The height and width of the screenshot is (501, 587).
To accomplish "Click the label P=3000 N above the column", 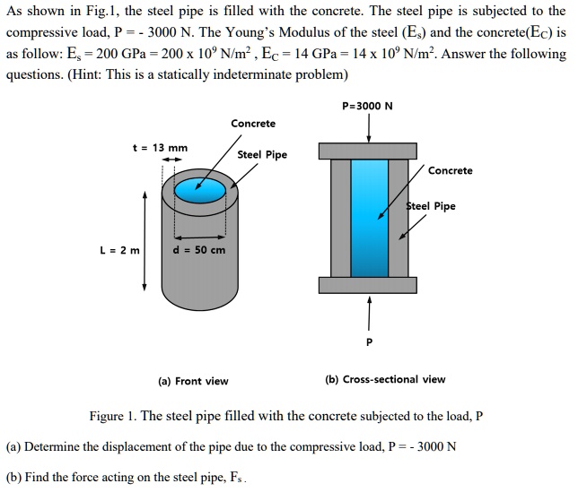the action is point(368,106).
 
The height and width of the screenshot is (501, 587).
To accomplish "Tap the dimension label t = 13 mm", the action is point(160,147).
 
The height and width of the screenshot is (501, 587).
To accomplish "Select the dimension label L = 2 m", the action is point(119,250).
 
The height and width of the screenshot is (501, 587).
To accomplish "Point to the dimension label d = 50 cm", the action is point(198,250).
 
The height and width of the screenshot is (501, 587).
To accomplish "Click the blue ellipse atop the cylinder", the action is point(200,190).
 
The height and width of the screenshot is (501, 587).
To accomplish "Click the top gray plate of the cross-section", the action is point(368,150).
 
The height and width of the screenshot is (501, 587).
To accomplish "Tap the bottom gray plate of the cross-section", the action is point(368,285).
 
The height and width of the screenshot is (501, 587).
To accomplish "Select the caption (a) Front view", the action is point(193,381).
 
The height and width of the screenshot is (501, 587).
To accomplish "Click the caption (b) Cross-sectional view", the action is point(385,379).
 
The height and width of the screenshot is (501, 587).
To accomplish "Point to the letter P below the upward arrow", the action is point(367,342).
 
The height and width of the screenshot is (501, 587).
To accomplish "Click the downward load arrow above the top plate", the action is point(368,127).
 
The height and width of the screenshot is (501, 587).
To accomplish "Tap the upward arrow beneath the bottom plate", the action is point(367,311).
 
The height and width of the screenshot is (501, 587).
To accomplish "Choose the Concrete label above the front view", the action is point(253,123).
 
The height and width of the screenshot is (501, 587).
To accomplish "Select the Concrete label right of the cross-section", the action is point(451,170).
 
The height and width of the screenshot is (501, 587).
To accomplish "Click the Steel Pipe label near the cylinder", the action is point(262,154).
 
